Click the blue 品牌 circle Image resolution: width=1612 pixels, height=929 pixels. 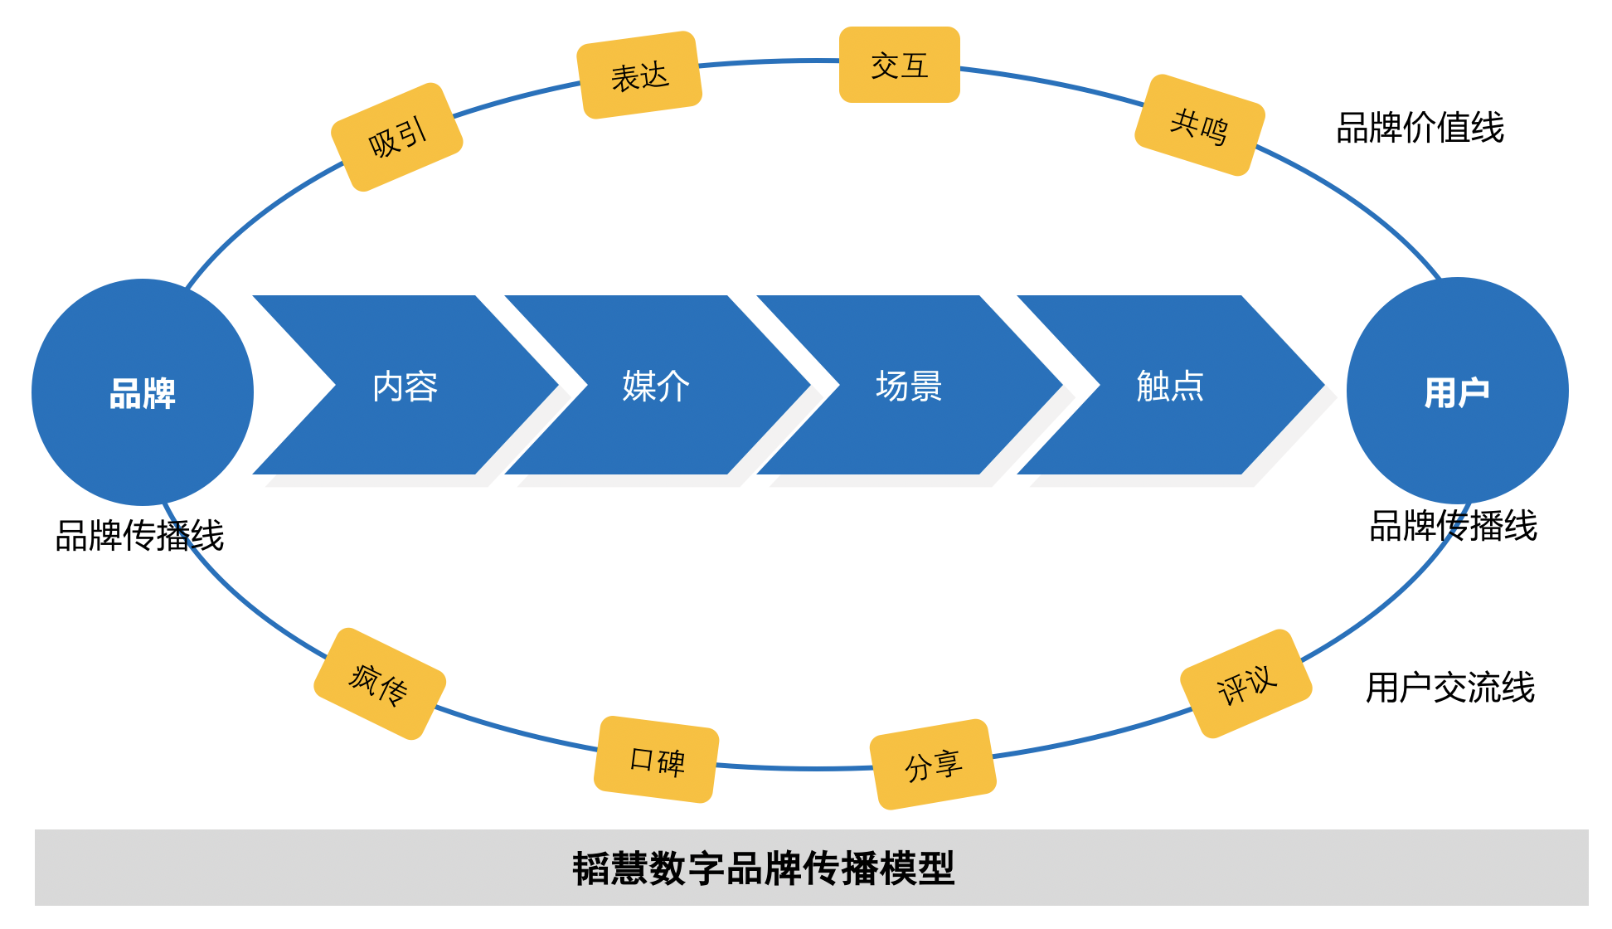coord(143,392)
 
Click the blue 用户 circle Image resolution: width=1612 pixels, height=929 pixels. coord(1457,391)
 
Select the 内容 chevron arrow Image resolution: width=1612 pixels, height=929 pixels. coord(405,386)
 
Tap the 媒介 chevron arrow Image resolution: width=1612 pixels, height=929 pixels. coord(656,386)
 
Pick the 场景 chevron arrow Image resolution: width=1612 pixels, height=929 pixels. coord(909,386)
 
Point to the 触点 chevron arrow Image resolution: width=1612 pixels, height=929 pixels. coord(1169,386)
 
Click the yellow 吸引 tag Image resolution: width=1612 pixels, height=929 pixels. coord(397,138)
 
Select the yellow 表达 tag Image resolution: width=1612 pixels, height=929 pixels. coord(639,75)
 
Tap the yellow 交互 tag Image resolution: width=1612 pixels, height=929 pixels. coord(900,65)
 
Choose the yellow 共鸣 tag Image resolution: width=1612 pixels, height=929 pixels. coord(1199,125)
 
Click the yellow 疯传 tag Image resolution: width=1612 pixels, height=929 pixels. coord(380,683)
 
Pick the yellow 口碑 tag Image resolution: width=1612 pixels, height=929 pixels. coord(657,759)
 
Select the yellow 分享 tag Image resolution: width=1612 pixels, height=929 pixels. coord(933,764)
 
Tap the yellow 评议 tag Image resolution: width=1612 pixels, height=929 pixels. coord(1245,683)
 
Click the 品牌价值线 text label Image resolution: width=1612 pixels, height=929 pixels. coord(1420,128)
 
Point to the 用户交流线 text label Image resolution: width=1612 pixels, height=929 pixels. coord(1450,688)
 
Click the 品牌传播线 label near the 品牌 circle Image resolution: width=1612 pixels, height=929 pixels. coord(139,535)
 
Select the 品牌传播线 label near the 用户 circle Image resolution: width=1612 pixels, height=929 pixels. coord(1453,526)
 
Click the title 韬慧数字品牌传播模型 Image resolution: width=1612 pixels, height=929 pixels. coord(764,868)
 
